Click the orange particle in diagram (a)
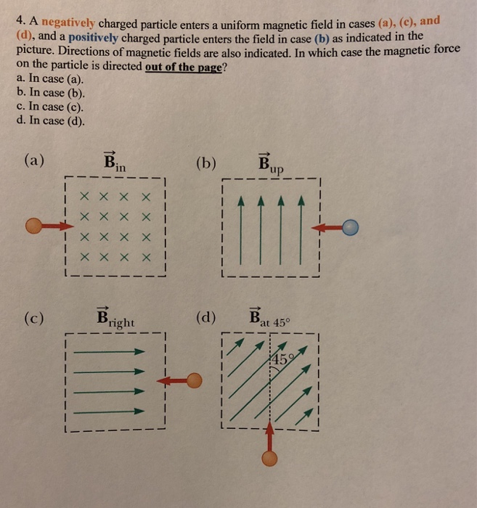33,226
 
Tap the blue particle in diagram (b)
351,228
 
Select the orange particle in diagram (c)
195,381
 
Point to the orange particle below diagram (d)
269,459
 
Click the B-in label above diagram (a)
114,163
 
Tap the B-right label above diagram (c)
115,319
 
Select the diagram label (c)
33,317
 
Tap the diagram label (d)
206,317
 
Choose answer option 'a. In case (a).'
49,78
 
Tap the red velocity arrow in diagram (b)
326,228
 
